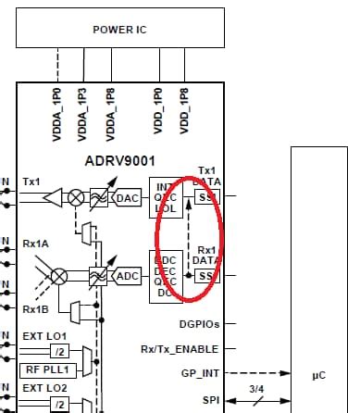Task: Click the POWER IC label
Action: (x=120, y=30)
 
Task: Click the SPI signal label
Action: (x=209, y=400)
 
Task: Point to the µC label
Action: (x=316, y=377)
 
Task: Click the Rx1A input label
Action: (x=37, y=244)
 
